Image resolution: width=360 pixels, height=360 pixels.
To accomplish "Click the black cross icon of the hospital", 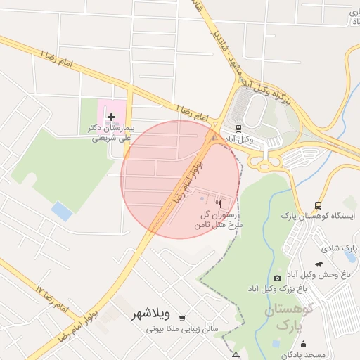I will [111, 115].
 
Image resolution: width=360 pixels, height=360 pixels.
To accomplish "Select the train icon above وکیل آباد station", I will [238, 129].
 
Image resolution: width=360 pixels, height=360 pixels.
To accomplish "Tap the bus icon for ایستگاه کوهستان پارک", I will [319, 205].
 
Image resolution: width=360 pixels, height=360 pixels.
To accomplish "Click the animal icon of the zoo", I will [319, 264].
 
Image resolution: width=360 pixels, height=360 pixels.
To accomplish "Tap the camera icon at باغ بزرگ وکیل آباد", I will [277, 278].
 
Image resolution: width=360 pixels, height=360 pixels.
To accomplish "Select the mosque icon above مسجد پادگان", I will [303, 344].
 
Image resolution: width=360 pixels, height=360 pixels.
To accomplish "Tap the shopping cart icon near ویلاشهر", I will [183, 318].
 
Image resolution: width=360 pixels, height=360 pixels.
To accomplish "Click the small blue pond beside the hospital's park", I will [62, 211].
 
